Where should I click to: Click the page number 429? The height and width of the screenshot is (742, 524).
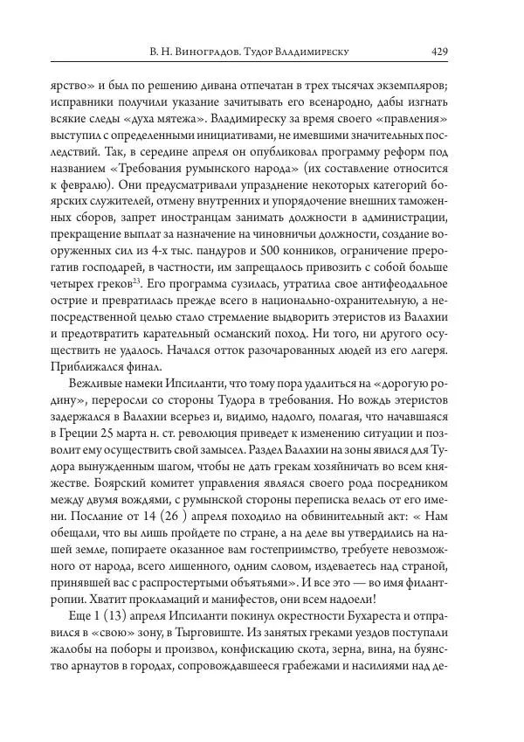pyautogui.click(x=439, y=52)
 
